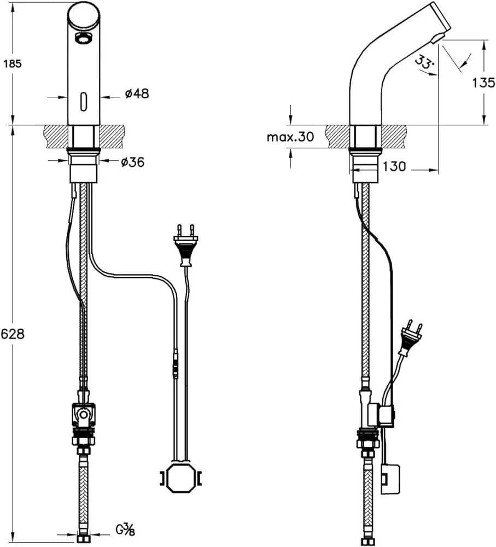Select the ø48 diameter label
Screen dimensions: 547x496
[137, 94]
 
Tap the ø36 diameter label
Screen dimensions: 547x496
[132, 162]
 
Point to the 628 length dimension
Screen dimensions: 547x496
[13, 334]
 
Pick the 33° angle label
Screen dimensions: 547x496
[424, 61]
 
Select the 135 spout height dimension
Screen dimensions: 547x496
[483, 83]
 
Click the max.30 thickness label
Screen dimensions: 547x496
[290, 137]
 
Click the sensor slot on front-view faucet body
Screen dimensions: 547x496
[84, 100]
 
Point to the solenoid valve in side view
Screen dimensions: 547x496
[381, 415]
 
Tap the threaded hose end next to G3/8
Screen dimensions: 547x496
[83, 533]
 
